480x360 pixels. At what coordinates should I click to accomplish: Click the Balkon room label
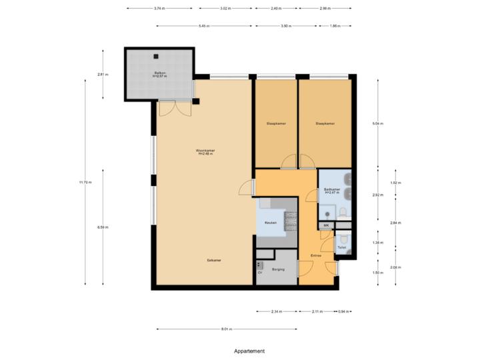coord(160,73)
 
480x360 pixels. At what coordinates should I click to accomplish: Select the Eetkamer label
coord(214,259)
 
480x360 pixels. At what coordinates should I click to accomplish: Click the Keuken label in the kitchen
coord(270,223)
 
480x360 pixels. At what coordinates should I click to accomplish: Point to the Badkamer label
coord(333,191)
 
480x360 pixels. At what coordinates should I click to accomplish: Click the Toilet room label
coord(341,247)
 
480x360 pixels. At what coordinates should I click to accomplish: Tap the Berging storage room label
coord(279,269)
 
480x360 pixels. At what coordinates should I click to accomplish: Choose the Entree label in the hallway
coord(316,255)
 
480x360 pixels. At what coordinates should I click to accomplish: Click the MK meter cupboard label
coord(326,226)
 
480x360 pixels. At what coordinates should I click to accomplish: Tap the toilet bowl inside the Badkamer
coord(343,213)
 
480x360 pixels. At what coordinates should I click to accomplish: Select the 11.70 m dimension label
coord(85,182)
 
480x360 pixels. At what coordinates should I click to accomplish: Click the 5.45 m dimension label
coord(203,26)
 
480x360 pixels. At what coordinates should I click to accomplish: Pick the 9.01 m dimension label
coord(226,329)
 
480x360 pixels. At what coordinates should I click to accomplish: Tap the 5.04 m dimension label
coord(378,124)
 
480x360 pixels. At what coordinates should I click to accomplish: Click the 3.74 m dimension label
coord(159,9)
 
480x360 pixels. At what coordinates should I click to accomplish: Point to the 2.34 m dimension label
coord(276,311)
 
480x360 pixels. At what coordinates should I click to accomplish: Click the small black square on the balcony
coord(155,57)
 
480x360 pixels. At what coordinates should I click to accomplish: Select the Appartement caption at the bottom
coord(249,351)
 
